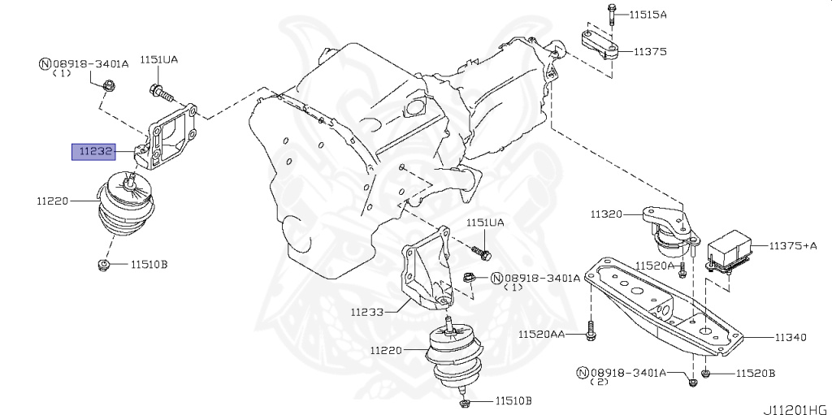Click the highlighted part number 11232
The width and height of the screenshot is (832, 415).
pyautogui.click(x=94, y=151)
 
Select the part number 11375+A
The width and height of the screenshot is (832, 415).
pyautogui.click(x=792, y=245)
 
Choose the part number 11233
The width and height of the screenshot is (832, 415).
pyautogui.click(x=370, y=310)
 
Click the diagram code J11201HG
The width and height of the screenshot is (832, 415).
pyautogui.click(x=795, y=404)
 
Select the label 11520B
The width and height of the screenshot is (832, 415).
pyautogui.click(x=756, y=374)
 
